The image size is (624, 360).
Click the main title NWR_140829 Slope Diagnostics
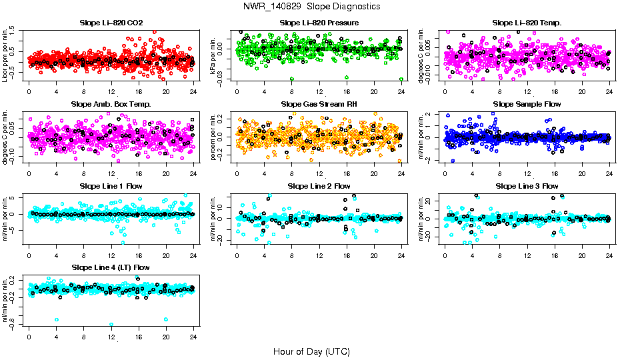pyautogui.click(x=311, y=6)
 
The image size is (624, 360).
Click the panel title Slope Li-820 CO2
pyautogui.click(x=111, y=23)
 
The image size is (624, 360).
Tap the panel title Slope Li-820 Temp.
pyautogui.click(x=527, y=23)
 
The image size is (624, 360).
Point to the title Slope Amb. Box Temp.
pyautogui.click(x=111, y=104)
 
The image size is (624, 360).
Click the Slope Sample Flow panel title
pyautogui.click(x=527, y=104)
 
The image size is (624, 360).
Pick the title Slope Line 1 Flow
pyautogui.click(x=111, y=185)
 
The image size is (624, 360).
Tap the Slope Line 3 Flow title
pyautogui.click(x=527, y=185)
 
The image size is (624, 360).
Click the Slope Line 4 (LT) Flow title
pyautogui.click(x=111, y=267)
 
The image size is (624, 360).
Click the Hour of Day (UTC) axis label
pyautogui.click(x=311, y=351)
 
